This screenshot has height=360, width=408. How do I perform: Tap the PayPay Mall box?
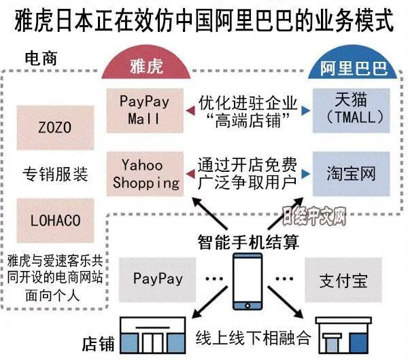[x=146, y=109]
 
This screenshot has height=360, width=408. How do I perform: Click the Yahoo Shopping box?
[x=146, y=173]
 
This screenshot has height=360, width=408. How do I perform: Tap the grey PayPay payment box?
[x=158, y=278]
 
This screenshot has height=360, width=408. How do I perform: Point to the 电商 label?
[x=40, y=58]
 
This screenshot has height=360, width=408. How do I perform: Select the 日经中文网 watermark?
[x=314, y=217]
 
